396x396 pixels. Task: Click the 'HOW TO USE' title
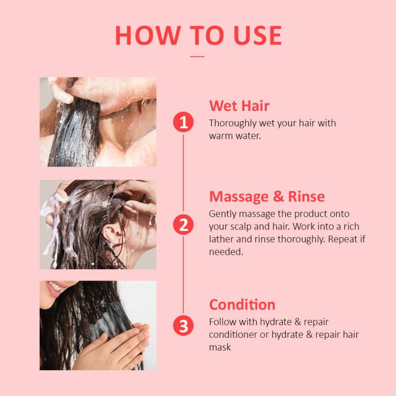pyautogui.click(x=198, y=35)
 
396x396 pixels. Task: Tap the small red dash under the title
pyautogui.click(x=197, y=56)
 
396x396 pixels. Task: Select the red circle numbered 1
pyautogui.click(x=183, y=123)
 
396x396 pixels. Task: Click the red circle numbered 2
pyautogui.click(x=183, y=225)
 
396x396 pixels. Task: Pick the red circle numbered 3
pyautogui.click(x=183, y=326)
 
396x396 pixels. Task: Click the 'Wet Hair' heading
pyautogui.click(x=239, y=106)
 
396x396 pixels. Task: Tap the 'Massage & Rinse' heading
pyautogui.click(x=267, y=196)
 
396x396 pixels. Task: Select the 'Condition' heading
pyautogui.click(x=242, y=304)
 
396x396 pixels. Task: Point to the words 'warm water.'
pyautogui.click(x=235, y=136)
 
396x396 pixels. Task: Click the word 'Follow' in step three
pyautogui.click(x=222, y=322)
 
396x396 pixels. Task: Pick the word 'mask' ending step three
pyautogui.click(x=220, y=347)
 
